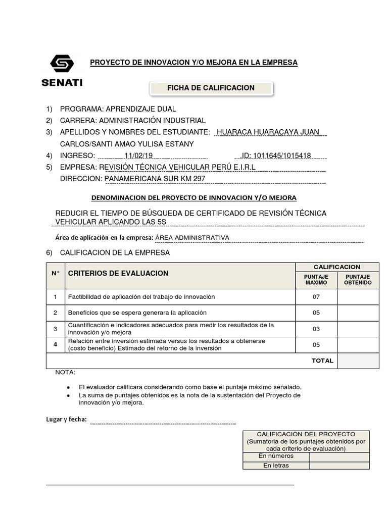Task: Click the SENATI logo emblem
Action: pos(62,64)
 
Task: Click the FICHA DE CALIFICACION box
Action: pos(211,88)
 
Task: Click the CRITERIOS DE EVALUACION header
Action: pos(118,273)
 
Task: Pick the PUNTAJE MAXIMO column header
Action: pos(316,280)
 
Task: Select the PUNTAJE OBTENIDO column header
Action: pos(358,280)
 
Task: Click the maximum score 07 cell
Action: pos(316,297)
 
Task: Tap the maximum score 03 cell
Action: pos(316,329)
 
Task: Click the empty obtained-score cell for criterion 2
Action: pos(358,313)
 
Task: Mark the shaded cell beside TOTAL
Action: pos(358,361)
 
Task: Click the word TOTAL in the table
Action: pos(322,361)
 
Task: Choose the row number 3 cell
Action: pos(56,329)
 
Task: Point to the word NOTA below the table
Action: pos(65,373)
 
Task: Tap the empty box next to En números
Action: pos(339,456)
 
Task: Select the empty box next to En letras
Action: pos(339,465)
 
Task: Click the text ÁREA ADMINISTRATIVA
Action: pos(192,237)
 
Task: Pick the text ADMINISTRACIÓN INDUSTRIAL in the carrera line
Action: pos(152,121)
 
